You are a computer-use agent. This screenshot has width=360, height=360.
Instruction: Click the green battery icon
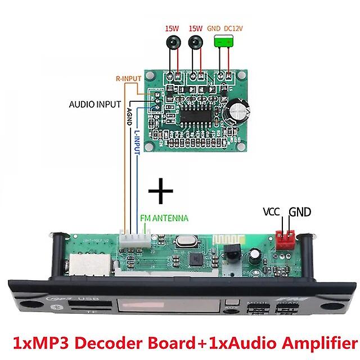[224, 42]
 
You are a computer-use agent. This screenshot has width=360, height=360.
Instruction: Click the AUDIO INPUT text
[95, 104]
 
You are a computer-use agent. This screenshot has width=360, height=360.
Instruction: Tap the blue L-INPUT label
[137, 144]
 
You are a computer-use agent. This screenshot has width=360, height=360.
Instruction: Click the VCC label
[273, 213]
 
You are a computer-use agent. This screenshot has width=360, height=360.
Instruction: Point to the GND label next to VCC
[300, 213]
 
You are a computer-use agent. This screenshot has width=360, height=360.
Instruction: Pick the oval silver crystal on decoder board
[183, 242]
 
